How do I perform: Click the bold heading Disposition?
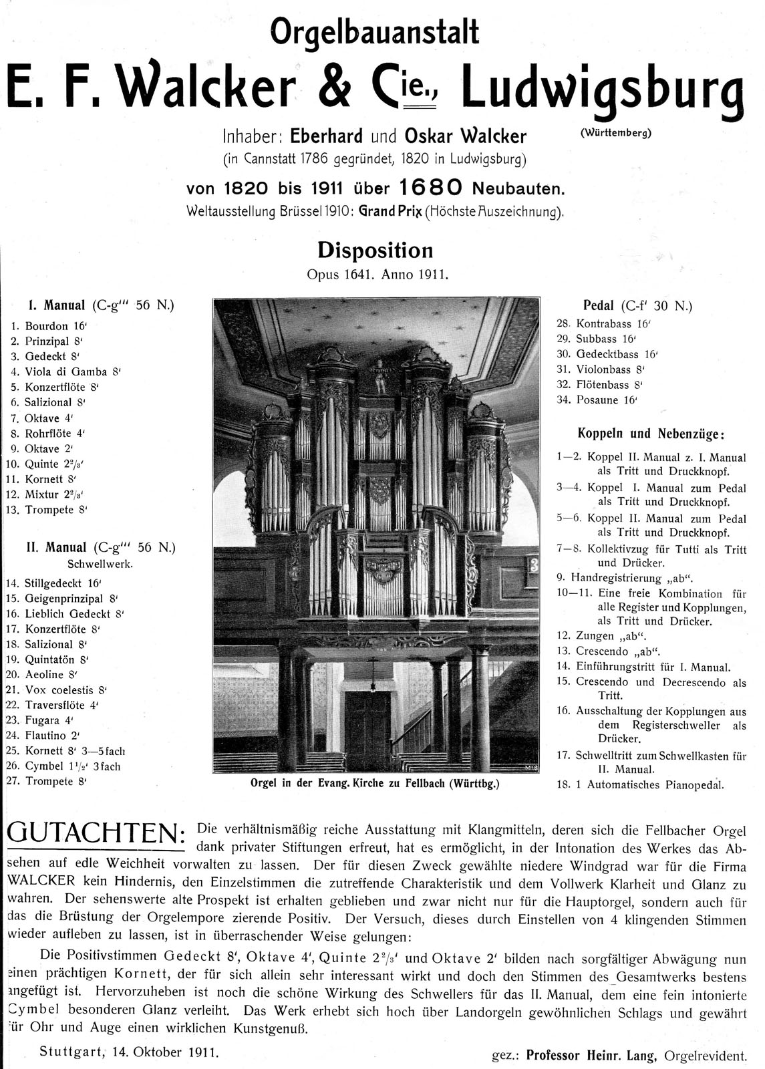(375, 251)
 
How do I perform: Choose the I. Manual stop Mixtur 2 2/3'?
(56, 494)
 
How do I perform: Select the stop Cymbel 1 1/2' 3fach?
(73, 766)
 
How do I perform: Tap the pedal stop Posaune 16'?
(607, 400)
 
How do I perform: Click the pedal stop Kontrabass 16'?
(613, 323)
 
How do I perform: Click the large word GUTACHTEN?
(94, 832)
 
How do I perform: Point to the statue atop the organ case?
(379, 375)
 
